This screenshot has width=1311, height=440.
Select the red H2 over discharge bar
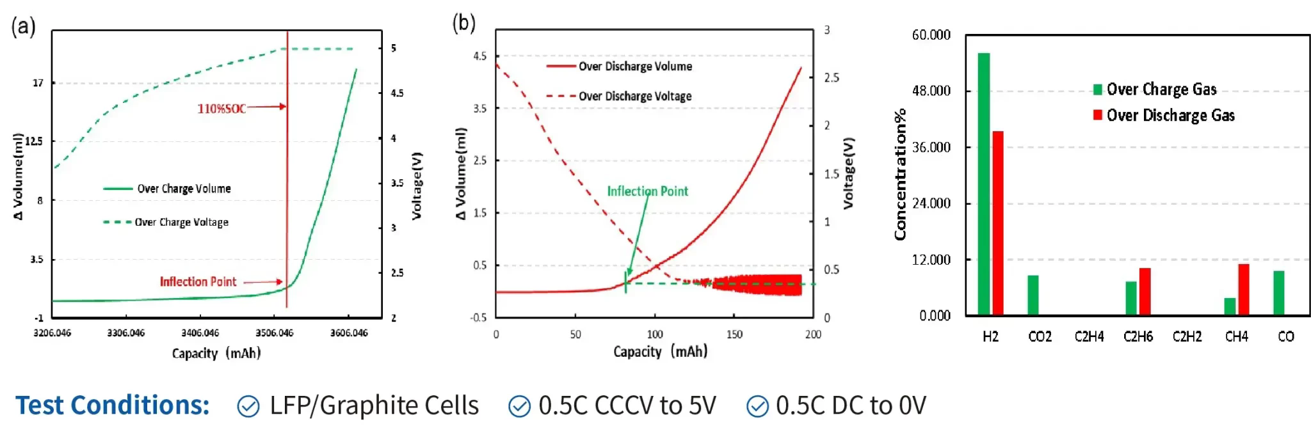(997, 223)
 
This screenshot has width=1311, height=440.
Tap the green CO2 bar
(1033, 295)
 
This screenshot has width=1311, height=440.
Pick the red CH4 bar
(1243, 290)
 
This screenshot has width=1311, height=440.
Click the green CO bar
(1279, 293)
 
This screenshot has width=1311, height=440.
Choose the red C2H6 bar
(1145, 292)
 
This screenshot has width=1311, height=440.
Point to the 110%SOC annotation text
(221, 109)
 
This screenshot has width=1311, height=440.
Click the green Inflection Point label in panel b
(647, 191)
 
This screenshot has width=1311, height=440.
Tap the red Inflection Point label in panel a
(198, 282)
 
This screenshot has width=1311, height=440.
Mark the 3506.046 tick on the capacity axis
(274, 333)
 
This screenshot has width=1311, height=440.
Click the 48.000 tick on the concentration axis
(931, 91)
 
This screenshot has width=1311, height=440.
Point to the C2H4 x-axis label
(1089, 337)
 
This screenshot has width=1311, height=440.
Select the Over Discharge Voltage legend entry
(634, 97)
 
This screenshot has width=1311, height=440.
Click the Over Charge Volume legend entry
(183, 189)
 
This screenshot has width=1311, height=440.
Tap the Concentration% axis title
(901, 174)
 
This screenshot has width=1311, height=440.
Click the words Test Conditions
(113, 405)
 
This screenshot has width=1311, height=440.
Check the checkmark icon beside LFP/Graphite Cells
(248, 406)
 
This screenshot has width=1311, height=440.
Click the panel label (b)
(463, 24)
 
